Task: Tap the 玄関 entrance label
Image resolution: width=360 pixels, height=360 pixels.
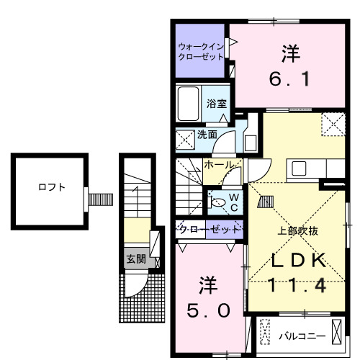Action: (x=135, y=258)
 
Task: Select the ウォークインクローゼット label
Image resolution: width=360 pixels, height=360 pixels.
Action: (x=202, y=53)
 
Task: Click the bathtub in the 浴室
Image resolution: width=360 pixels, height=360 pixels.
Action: (x=190, y=104)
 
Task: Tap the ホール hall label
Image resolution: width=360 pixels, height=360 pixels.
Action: (x=218, y=165)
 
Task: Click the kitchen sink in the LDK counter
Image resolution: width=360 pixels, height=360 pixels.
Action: (x=299, y=168)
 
